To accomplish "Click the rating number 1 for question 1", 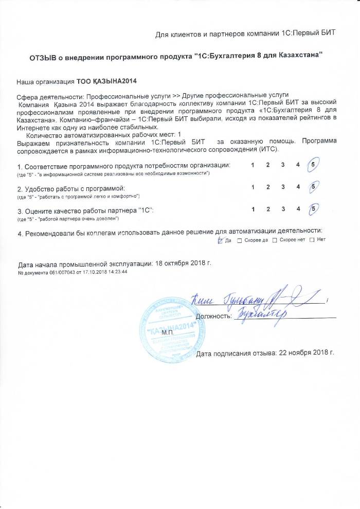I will [253, 165].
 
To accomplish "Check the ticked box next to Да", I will [221, 240].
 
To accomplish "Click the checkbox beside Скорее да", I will [240, 240].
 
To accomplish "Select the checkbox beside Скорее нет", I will [274, 240].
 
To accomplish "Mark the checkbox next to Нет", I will [312, 240].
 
